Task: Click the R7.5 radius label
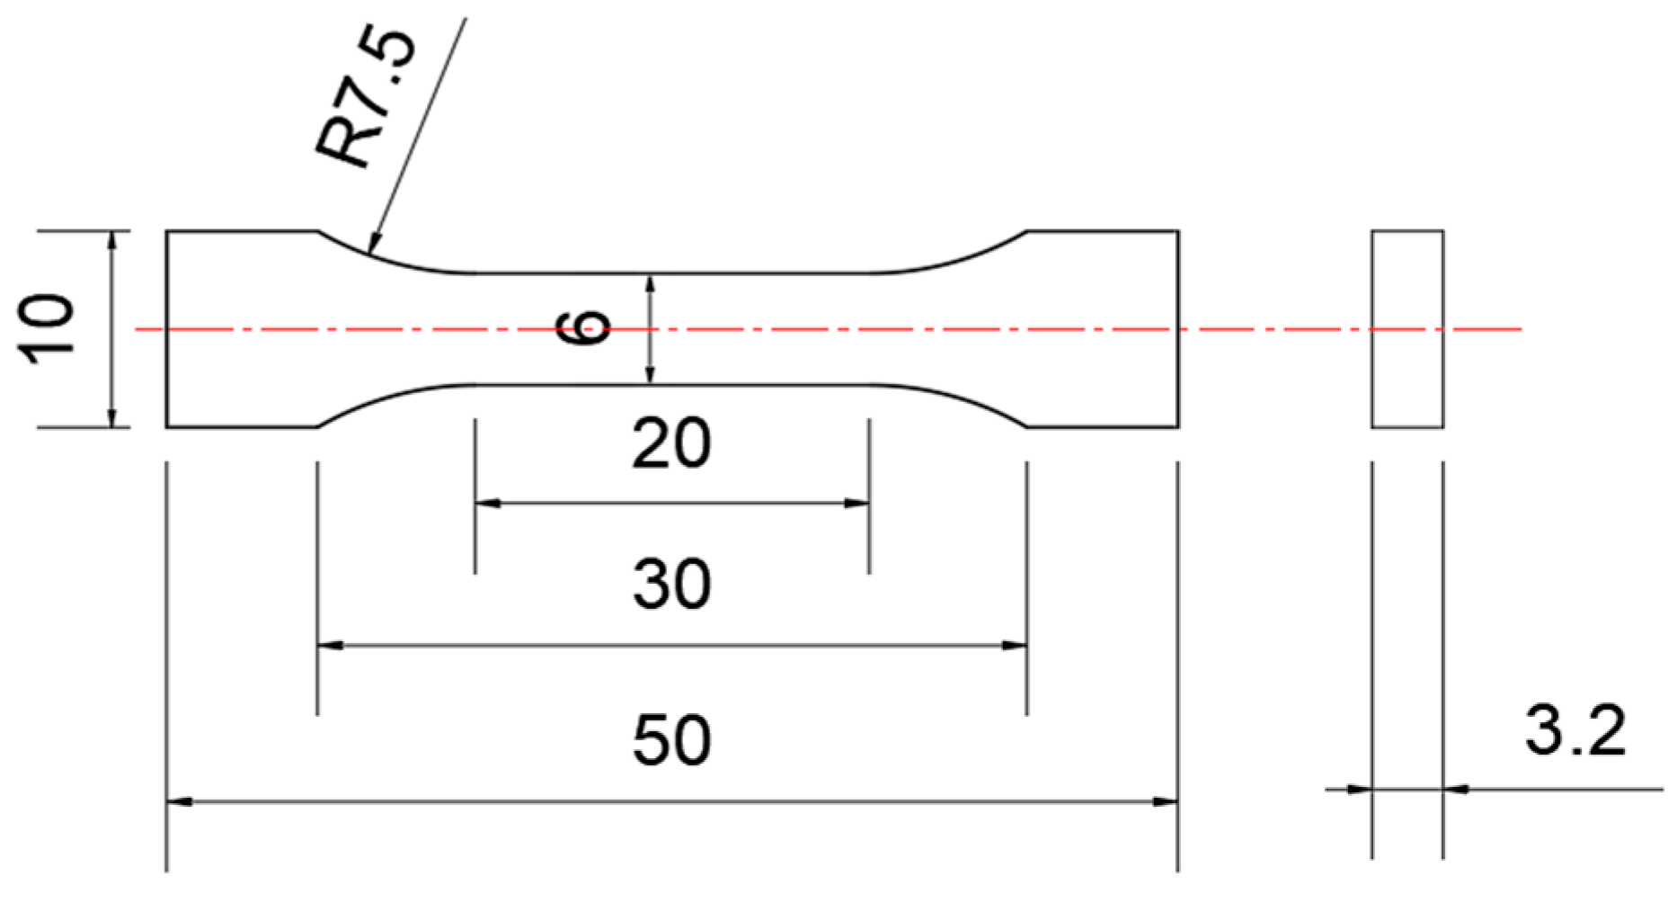[366, 99]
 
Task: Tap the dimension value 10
[48, 329]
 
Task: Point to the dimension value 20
[670, 443]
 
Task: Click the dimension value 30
[671, 585]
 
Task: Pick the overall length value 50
[671, 741]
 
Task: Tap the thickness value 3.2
[1575, 730]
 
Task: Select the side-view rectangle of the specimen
[1407, 329]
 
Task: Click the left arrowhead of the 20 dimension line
[486, 504]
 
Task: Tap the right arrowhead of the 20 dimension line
[858, 504]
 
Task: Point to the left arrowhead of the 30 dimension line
[330, 645]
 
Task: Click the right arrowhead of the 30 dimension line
[1016, 645]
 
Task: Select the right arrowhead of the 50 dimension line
[1166, 801]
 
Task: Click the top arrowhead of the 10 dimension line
[112, 241]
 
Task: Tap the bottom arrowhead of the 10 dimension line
[112, 417]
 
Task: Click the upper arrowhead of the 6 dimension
[651, 284]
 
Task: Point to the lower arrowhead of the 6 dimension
[651, 374]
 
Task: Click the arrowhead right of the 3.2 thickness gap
[1456, 790]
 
